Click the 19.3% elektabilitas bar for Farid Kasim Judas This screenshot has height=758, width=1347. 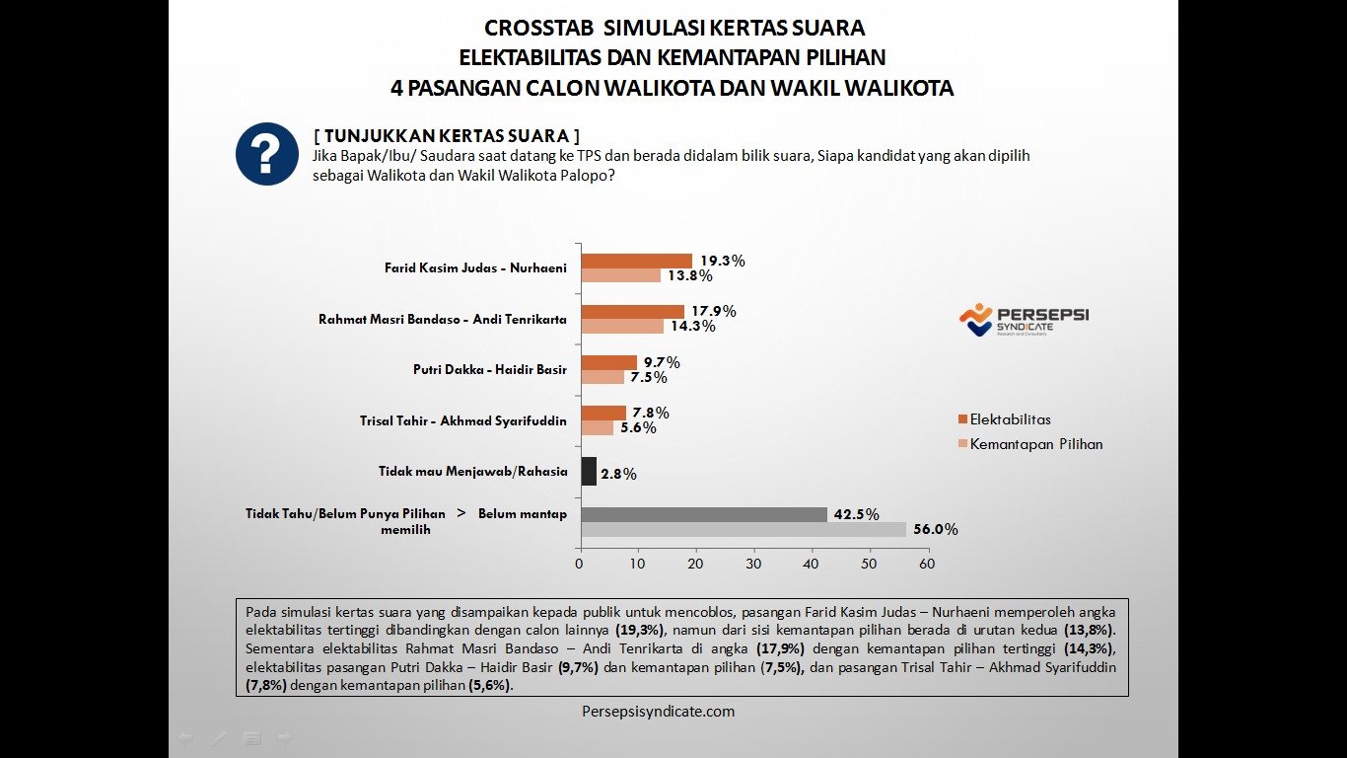pos(636,261)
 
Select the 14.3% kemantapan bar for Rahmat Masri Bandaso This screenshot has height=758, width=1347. pos(622,327)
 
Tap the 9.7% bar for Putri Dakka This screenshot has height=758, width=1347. pos(608,362)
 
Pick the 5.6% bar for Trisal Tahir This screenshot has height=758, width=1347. pos(597,427)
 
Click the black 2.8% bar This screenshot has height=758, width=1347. pos(589,471)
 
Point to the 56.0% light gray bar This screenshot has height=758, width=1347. pos(743,529)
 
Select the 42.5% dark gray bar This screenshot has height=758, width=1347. pos(704,514)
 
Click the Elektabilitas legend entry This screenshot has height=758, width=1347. pos(1004,419)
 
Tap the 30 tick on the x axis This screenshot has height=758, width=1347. pos(753,565)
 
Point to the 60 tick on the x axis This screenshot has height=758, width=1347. pos(927,565)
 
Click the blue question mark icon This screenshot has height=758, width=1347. pos(267,154)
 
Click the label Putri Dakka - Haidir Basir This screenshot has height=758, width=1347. pos(490,370)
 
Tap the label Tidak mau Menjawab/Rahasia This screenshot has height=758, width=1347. pos(473,472)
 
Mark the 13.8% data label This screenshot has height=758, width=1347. pos(690,276)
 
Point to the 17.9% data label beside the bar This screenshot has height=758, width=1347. pos(713,311)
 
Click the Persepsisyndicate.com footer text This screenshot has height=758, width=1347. pos(658,711)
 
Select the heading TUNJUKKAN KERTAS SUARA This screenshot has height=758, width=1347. pos(446,135)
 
